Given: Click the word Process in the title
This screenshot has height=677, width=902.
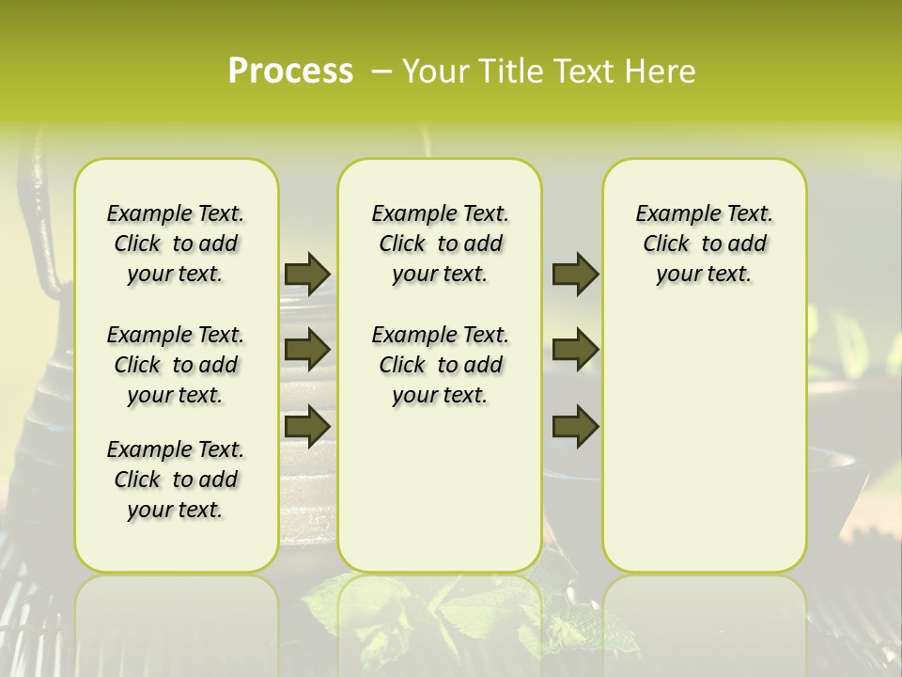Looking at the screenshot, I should click(x=290, y=71).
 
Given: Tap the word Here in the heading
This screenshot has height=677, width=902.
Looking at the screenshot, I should click(x=661, y=71).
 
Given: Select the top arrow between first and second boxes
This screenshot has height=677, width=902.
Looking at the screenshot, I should click(x=306, y=274).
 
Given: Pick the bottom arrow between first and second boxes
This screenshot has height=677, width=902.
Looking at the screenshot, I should click(x=306, y=426).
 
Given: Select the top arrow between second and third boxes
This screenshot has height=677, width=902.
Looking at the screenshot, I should click(x=575, y=274).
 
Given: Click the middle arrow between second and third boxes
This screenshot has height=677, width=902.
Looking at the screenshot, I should click(x=575, y=350).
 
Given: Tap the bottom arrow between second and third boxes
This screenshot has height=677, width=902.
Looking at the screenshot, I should click(x=575, y=426).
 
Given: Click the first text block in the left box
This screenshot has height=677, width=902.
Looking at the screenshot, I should click(x=176, y=244).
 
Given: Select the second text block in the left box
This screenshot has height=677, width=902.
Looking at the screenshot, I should click(x=176, y=365).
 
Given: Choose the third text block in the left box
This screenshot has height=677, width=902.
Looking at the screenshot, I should click(x=176, y=480).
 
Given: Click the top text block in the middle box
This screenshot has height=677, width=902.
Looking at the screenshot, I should click(x=441, y=244).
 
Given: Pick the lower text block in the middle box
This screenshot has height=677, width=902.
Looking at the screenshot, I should click(x=441, y=365).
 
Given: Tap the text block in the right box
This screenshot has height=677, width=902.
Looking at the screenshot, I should click(x=705, y=244).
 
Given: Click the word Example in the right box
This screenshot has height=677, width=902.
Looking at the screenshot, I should click(x=671, y=214).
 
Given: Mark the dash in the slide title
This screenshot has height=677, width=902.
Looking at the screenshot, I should click(x=381, y=71).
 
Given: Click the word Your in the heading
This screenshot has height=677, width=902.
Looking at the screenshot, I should click(x=434, y=71).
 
